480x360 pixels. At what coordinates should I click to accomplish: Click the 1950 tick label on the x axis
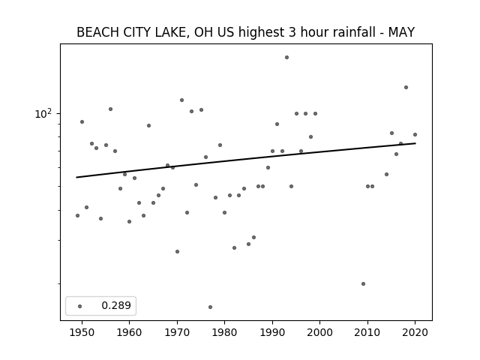click(82, 332)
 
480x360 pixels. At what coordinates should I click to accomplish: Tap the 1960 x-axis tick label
click(129, 332)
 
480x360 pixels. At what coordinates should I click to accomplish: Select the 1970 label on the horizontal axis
click(177, 332)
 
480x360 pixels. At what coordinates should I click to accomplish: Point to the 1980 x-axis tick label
click(224, 332)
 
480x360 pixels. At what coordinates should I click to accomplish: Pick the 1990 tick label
click(272, 332)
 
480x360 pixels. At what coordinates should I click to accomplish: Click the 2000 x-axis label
click(320, 332)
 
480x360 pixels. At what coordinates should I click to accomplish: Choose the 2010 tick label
click(367, 332)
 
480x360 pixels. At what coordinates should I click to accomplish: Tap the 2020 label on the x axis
click(415, 332)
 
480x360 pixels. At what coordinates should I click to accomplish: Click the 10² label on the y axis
click(43, 113)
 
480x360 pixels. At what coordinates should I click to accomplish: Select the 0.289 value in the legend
click(116, 305)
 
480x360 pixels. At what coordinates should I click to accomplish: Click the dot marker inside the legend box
click(80, 306)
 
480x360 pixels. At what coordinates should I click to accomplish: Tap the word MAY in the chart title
click(401, 32)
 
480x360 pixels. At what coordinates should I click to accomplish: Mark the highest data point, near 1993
click(286, 57)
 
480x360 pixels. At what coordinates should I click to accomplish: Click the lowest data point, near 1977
click(210, 307)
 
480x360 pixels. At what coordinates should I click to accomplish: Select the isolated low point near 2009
click(363, 283)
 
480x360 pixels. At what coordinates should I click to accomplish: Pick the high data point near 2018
click(406, 87)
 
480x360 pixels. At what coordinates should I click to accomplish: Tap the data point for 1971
click(181, 100)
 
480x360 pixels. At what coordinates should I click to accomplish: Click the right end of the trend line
click(415, 143)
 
